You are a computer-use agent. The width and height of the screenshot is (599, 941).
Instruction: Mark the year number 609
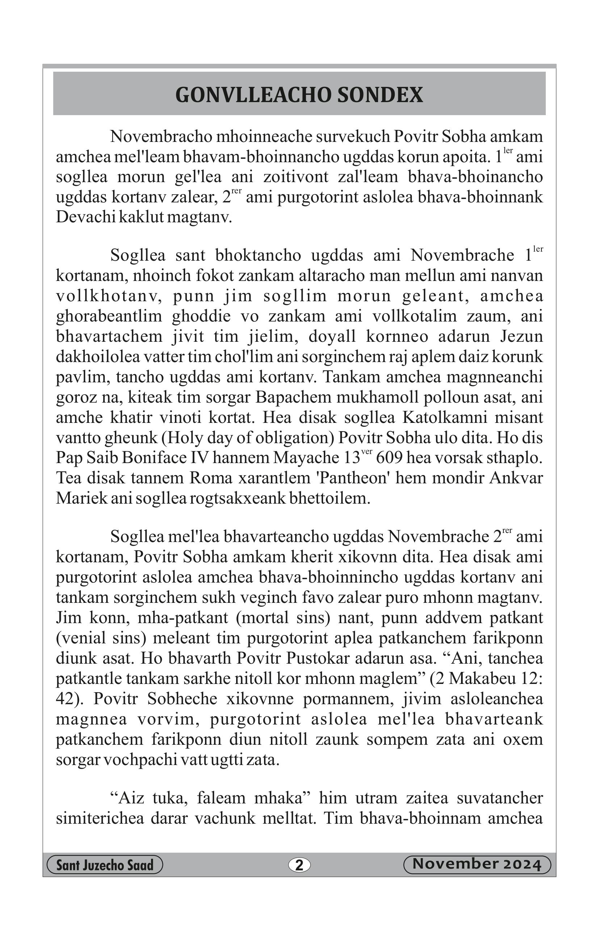click(389, 458)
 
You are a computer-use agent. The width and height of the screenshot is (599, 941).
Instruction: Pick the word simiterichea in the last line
click(100, 818)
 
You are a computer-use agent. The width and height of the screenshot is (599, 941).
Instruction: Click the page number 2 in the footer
click(299, 865)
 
